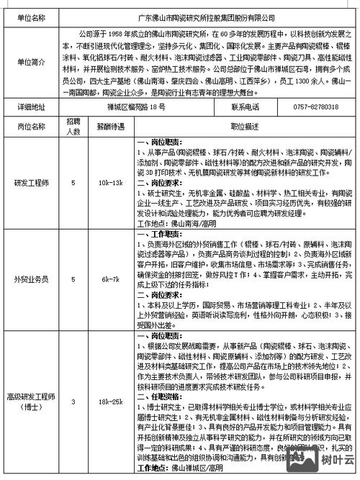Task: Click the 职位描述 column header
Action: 245,126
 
